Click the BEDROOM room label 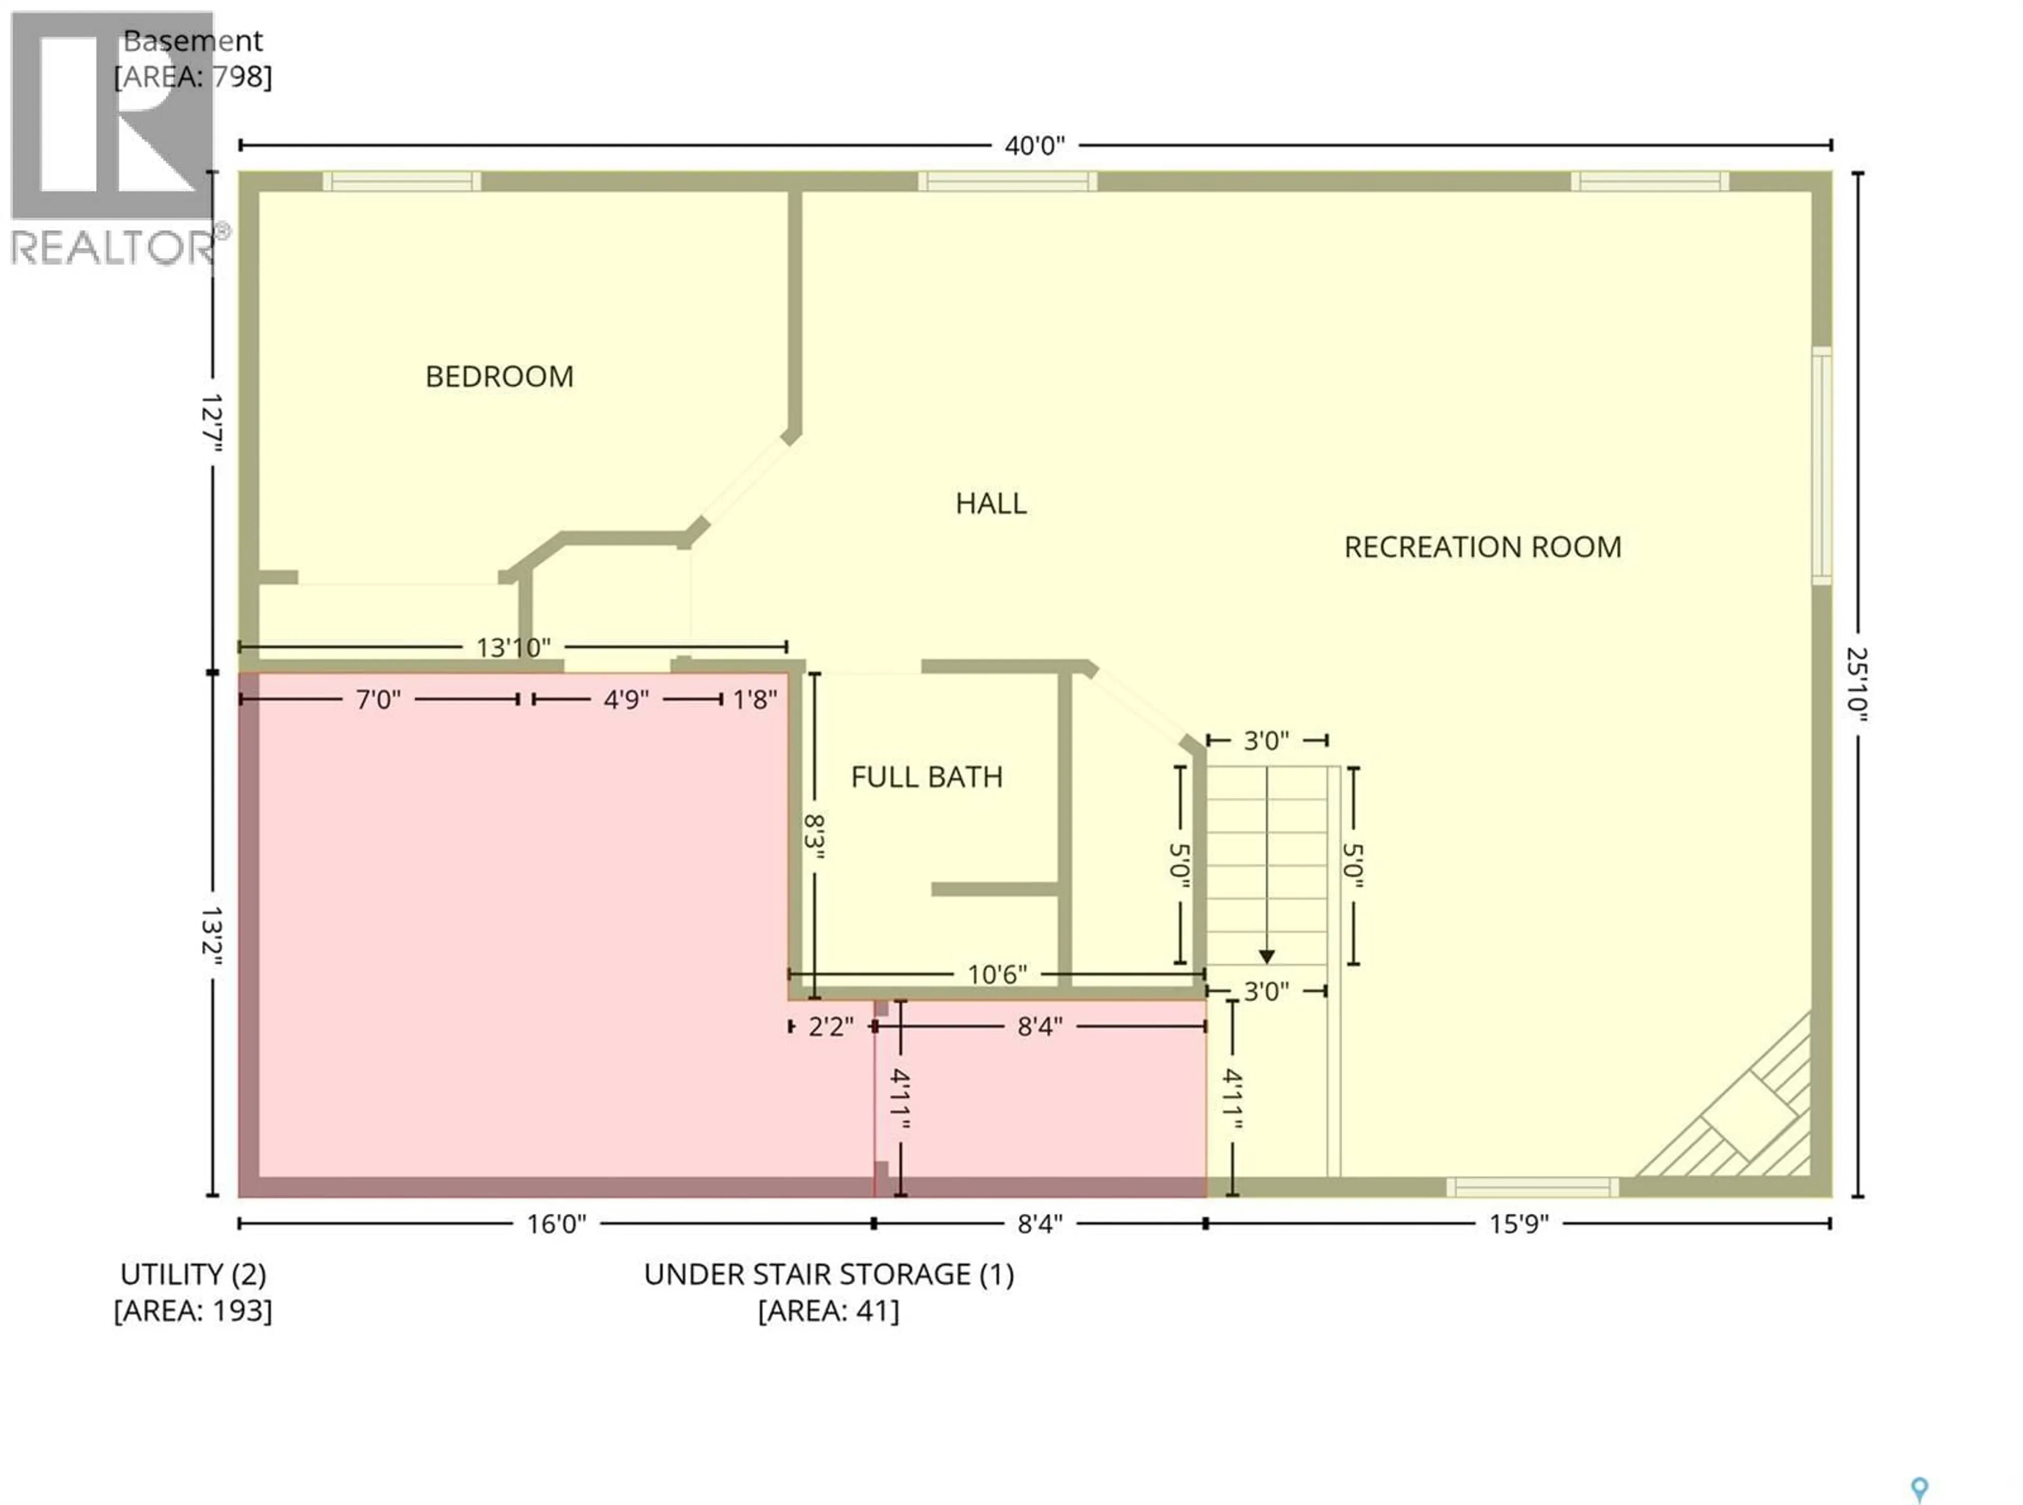(499, 376)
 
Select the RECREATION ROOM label (1482, 546)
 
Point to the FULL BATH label (926, 777)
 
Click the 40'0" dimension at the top (1034, 146)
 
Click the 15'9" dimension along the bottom (1518, 1224)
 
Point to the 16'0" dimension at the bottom (556, 1224)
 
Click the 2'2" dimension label (831, 1027)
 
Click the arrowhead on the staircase (1266, 956)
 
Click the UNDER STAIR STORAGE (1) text (828, 1274)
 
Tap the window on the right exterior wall (1821, 465)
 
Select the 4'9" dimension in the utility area (626, 700)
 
